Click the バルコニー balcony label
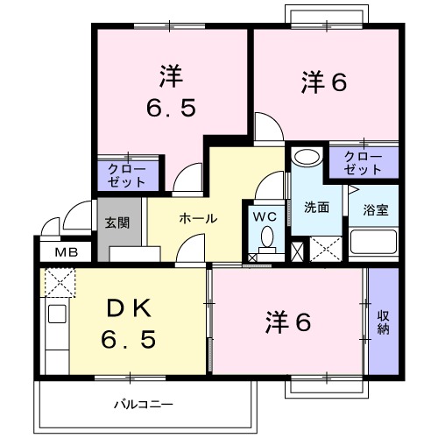click(x=144, y=405)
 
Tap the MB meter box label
click(x=66, y=253)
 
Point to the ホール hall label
click(x=198, y=218)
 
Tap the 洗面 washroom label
click(x=316, y=208)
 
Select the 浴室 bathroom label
click(x=376, y=210)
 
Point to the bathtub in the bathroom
click(x=375, y=243)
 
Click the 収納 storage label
click(x=383, y=321)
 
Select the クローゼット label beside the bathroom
click(x=363, y=161)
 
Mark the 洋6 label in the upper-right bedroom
click(x=325, y=83)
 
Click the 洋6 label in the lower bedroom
click(x=288, y=322)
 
